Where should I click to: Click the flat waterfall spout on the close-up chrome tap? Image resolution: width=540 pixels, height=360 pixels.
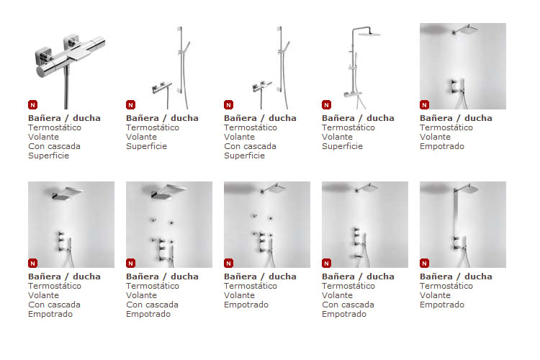click(x=80, y=55)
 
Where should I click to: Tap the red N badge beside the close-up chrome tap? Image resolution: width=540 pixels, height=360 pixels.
click(x=32, y=104)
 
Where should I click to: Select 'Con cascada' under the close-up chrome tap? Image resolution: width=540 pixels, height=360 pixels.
click(x=55, y=146)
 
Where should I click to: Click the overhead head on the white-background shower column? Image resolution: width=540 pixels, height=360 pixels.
click(x=369, y=33)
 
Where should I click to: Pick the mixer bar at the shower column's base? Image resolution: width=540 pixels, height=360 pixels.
click(x=353, y=94)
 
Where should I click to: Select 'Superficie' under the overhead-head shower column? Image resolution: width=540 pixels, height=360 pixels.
click(x=342, y=146)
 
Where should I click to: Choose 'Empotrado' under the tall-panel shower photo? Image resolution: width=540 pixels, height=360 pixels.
click(x=442, y=305)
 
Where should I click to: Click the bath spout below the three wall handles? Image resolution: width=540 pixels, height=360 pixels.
click(x=357, y=256)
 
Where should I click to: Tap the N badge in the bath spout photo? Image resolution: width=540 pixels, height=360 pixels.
click(x=326, y=264)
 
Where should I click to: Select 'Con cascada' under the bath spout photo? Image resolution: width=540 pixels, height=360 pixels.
click(x=348, y=305)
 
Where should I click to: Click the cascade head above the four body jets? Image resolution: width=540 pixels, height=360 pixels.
click(x=168, y=192)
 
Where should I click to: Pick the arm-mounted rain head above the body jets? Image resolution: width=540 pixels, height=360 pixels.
click(x=274, y=189)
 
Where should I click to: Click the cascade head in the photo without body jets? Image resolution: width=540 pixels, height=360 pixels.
click(x=67, y=194)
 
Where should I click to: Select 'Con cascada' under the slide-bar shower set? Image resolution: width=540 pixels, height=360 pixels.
click(x=250, y=146)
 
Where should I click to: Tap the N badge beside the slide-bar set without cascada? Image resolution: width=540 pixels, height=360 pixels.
click(x=130, y=104)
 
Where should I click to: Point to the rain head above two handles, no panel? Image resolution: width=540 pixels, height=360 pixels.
click(x=466, y=30)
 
